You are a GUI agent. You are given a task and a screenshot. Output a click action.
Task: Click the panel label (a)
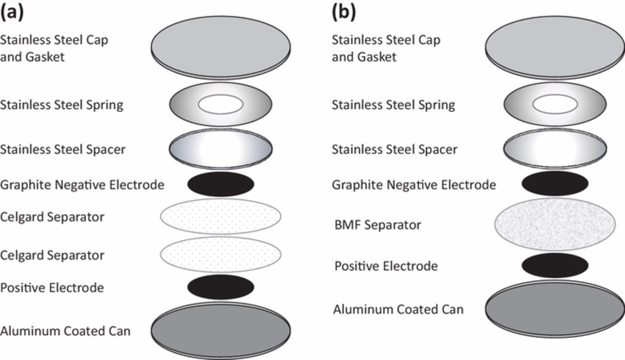pos(12,12)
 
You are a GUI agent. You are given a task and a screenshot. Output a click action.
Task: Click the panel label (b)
pos(344,12)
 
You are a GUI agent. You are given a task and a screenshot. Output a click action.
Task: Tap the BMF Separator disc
pos(555,224)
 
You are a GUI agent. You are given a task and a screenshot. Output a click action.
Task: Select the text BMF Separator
pos(377,225)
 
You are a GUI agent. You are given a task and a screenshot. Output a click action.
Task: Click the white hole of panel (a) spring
pos(221,104)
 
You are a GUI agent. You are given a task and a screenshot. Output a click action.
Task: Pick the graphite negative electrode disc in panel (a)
pos(221,184)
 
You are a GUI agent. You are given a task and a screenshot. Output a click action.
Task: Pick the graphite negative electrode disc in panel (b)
pos(555,184)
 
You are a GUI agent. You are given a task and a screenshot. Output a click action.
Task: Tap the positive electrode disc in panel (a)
pos(221,287)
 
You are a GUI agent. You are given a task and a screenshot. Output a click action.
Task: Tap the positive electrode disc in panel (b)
pos(555,265)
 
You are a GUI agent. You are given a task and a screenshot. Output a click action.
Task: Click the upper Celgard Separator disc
pos(221,216)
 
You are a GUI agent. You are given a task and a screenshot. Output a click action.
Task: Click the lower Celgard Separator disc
pos(221,254)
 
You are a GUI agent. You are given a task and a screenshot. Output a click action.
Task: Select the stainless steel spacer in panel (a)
pos(221,148)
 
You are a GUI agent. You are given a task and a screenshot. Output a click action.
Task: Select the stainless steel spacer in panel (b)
pos(555,148)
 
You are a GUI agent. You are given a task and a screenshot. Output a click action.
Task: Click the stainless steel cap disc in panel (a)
pos(221,46)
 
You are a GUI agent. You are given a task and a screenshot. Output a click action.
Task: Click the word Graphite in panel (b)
pos(354,185)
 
